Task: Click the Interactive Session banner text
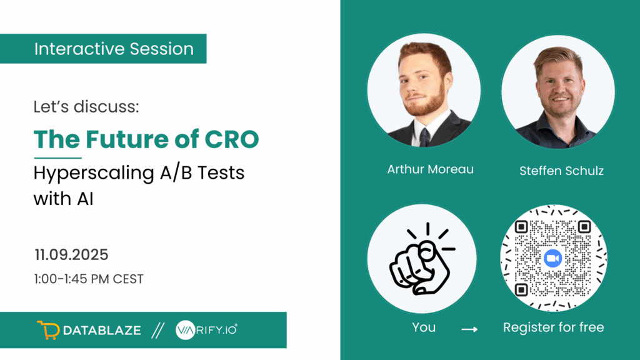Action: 114,49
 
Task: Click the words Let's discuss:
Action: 86,106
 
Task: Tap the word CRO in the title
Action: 231,139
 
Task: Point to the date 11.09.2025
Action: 71,255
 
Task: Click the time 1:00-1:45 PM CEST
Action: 89,279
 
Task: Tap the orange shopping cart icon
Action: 48,330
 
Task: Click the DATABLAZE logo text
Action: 102,330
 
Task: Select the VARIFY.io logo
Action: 206,330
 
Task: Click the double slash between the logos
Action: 158,330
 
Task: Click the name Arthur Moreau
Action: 430,169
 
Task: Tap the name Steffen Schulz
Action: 561,171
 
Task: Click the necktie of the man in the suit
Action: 424,137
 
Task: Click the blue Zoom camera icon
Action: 552,258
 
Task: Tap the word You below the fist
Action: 424,327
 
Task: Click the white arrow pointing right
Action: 469,329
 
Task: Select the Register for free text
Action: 554,327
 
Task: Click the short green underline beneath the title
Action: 57,157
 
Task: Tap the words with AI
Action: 64,199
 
